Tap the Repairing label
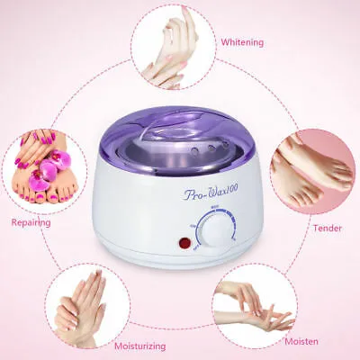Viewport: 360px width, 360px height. click(31, 221)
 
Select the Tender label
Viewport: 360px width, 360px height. click(327, 228)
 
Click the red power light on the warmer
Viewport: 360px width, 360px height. click(185, 243)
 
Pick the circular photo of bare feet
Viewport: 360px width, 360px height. click(311, 171)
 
